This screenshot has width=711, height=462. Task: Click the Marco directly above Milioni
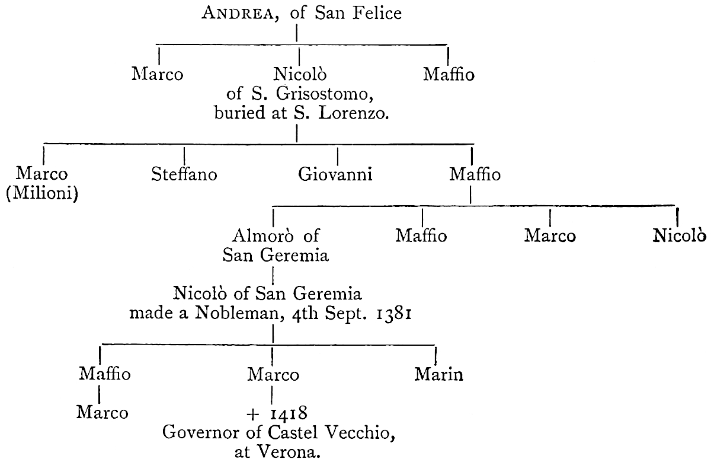point(42,174)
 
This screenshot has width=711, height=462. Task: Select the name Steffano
point(184,175)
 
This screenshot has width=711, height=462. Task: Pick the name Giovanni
point(335,175)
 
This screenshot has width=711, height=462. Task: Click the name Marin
point(438,375)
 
